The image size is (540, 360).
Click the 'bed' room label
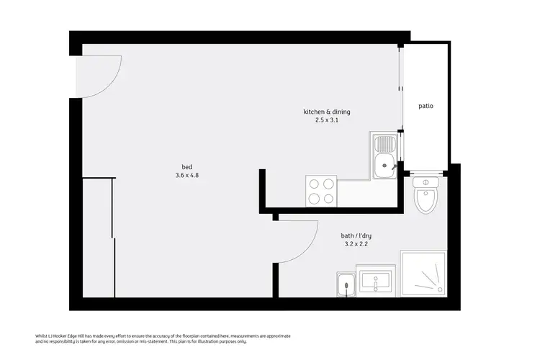(x=186, y=166)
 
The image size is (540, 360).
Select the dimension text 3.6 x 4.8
(x=186, y=175)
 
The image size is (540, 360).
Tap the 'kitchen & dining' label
(x=326, y=112)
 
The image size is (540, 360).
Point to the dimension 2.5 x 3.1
(x=326, y=120)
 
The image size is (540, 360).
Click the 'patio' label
(x=426, y=106)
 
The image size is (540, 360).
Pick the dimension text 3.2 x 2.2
(x=356, y=244)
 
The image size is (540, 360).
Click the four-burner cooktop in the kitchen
(x=321, y=191)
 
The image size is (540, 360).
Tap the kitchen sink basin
(x=385, y=165)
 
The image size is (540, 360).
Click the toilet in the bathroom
(x=427, y=199)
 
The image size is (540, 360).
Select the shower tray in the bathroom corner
(x=423, y=274)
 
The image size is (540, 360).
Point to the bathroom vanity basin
(x=375, y=282)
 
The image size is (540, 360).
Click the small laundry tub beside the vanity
(x=346, y=285)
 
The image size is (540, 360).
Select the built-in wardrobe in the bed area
(x=97, y=238)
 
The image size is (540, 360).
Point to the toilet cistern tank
(x=427, y=183)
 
